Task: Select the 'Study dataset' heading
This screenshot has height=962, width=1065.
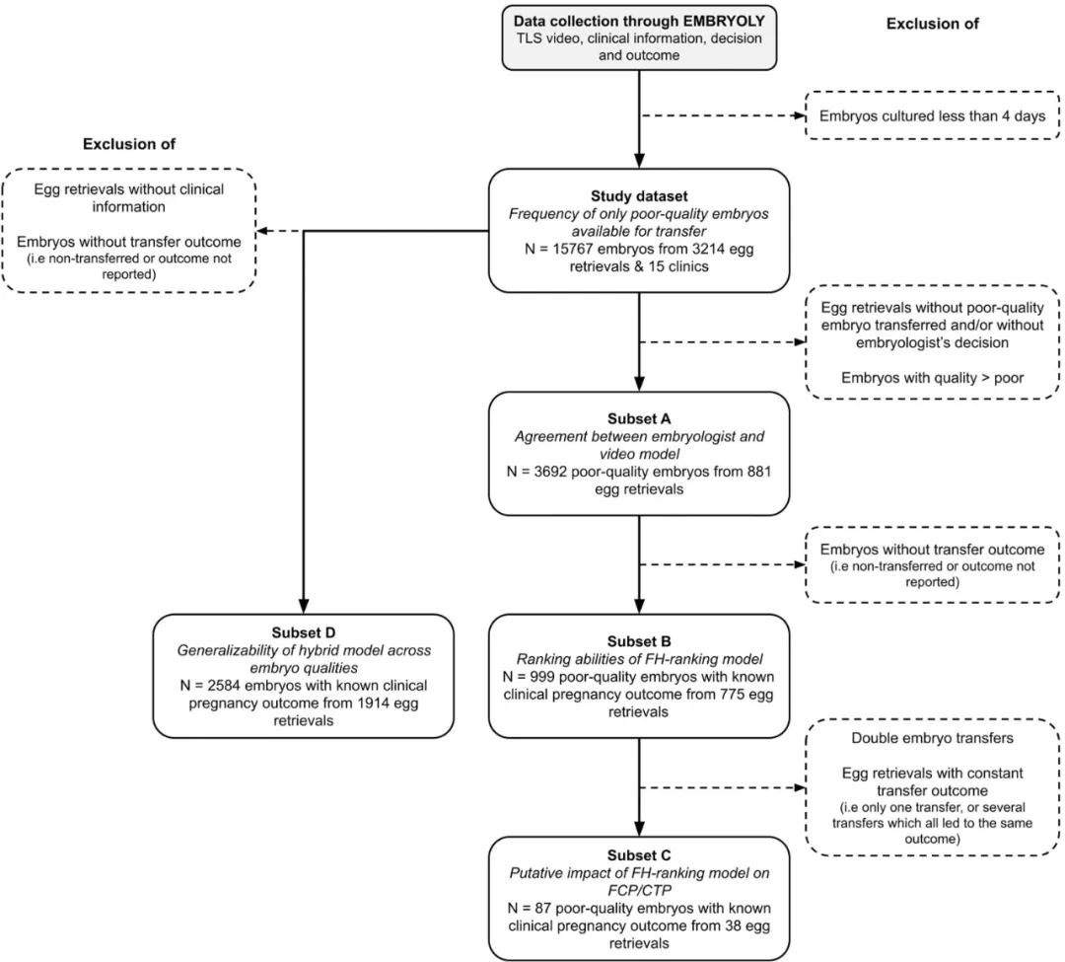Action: point(639,196)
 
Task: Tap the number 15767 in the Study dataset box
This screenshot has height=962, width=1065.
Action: point(573,249)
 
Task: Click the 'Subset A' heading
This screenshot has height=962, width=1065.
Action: point(639,419)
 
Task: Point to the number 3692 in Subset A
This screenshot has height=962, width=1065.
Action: point(550,472)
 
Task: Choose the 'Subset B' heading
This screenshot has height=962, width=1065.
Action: point(639,642)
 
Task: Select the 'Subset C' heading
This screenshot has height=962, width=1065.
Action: point(639,856)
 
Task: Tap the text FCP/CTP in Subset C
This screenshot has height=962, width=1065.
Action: point(639,891)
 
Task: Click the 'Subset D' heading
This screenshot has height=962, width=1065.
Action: point(304,633)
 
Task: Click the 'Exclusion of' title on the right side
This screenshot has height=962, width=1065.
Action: point(933,24)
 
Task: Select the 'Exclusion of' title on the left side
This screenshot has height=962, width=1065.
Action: point(129,144)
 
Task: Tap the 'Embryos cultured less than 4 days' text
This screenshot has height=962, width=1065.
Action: point(933,116)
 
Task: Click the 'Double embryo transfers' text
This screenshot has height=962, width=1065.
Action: point(933,738)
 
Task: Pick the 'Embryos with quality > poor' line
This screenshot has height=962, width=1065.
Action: point(933,378)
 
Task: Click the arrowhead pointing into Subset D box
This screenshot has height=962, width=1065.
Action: point(304,607)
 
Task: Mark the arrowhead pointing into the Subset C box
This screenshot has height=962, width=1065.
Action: point(639,829)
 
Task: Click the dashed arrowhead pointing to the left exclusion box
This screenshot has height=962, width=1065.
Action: point(263,231)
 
